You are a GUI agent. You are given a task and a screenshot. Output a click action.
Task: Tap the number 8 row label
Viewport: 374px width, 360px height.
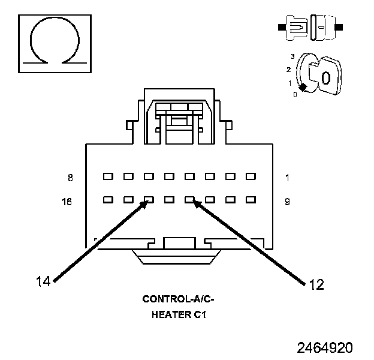(70, 178)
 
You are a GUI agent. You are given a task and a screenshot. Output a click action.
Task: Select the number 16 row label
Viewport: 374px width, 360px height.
(67, 202)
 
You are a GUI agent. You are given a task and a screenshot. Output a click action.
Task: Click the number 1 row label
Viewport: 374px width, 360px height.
(287, 178)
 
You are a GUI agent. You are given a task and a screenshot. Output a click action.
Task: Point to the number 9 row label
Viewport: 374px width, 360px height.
(287, 202)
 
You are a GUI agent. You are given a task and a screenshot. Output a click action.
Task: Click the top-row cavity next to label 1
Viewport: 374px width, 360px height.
(251, 177)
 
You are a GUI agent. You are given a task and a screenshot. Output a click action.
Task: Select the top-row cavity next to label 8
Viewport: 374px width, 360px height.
(108, 177)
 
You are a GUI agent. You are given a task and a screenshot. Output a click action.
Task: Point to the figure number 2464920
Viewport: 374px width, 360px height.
(325, 348)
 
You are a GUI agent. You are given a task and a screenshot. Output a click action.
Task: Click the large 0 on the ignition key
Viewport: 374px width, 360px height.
(325, 77)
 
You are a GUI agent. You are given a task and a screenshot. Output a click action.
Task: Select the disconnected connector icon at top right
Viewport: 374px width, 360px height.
(309, 28)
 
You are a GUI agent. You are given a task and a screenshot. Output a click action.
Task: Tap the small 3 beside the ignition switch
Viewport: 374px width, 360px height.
(292, 56)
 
